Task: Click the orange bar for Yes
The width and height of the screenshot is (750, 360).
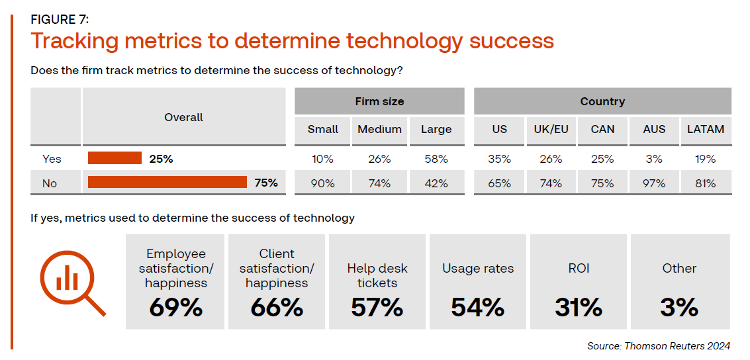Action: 115,158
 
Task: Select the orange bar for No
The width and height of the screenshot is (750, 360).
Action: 167,183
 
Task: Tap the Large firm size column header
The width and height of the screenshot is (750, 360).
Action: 436,130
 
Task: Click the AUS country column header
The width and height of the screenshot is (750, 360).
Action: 654,130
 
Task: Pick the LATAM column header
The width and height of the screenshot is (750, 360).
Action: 706,130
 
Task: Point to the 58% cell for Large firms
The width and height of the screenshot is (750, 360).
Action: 436,159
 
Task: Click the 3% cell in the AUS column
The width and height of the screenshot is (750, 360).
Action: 654,159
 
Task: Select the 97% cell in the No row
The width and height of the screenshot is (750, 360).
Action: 654,183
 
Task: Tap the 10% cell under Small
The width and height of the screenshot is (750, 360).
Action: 323,159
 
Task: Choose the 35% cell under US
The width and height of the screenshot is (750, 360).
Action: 499,159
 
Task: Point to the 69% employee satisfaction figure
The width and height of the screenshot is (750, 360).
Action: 176,307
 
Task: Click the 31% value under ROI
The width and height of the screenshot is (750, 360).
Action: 579,307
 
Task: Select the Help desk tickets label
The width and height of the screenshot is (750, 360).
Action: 377,275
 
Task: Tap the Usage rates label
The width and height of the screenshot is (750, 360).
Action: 478,269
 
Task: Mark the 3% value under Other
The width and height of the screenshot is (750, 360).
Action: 679,307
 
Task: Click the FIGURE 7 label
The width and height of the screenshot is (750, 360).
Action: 61,19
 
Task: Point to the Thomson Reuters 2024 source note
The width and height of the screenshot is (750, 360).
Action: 658,346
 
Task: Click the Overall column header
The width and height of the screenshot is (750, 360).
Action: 184,117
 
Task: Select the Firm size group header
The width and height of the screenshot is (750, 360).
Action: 379,101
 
